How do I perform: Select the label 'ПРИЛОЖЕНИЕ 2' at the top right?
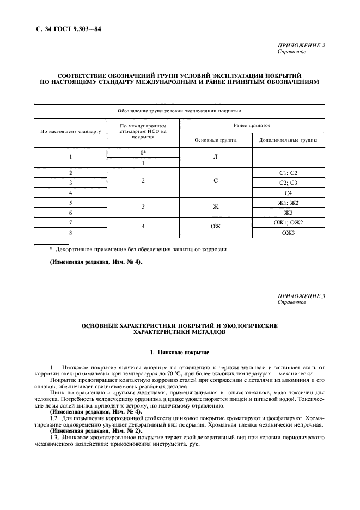pos(301,46)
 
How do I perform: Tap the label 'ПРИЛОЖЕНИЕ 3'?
pos(301,296)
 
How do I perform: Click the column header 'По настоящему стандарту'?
pos(71,131)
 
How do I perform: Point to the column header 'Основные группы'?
pos(216,140)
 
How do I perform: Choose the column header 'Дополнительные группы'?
pos(288,140)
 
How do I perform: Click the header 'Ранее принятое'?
pos(252,125)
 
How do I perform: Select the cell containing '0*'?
pos(143,153)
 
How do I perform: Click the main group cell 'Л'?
pos(216,157)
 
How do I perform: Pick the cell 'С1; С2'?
pos(288,173)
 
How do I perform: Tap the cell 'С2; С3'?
pos(288,183)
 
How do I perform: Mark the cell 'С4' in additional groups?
pos(288,193)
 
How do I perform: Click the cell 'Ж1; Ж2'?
pos(288,203)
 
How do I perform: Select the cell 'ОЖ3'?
pos(288,233)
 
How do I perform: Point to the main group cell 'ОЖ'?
pos(216,228)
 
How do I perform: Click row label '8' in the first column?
pos(71,233)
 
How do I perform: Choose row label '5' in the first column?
pos(71,203)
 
